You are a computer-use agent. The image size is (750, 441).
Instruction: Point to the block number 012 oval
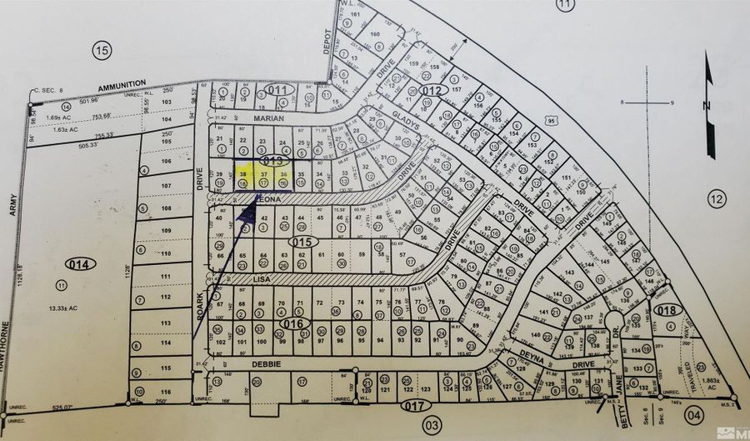coord(432,90)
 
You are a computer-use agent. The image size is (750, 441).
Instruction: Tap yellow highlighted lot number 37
coord(264,175)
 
